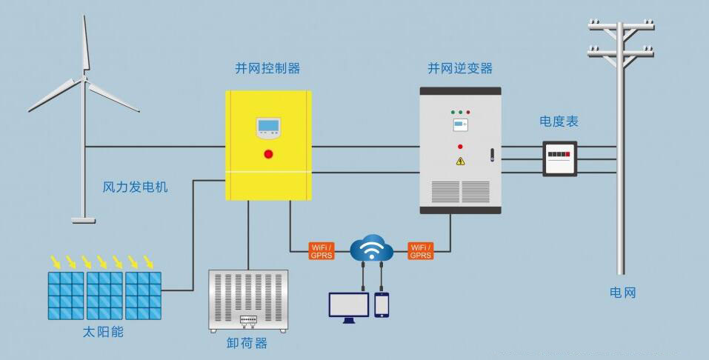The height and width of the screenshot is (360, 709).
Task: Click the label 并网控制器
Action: coord(267,68)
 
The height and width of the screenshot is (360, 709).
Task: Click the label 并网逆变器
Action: coord(459,68)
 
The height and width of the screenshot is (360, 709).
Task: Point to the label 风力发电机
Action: coord(135,187)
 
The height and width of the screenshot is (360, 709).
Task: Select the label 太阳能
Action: coord(104,332)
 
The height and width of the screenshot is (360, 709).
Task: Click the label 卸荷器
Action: coord(247,344)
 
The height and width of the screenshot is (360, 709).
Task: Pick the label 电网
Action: coord(622,293)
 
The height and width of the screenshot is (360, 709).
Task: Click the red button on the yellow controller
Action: coord(268,154)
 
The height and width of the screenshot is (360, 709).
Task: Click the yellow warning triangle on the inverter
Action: coord(460,161)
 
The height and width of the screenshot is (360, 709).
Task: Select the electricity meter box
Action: coord(561,158)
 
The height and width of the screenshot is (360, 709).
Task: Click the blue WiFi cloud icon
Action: coord(371,247)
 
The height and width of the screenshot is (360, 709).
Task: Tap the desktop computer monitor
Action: coord(349,305)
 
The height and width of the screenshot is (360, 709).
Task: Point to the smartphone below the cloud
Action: coord(382,304)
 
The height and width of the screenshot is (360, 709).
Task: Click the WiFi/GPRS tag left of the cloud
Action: coord(322,251)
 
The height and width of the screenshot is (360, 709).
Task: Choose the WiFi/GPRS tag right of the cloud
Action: coord(420,251)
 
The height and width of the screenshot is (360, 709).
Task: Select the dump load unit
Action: coord(247,299)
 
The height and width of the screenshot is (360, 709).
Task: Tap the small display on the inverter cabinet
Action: coord(460,124)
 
